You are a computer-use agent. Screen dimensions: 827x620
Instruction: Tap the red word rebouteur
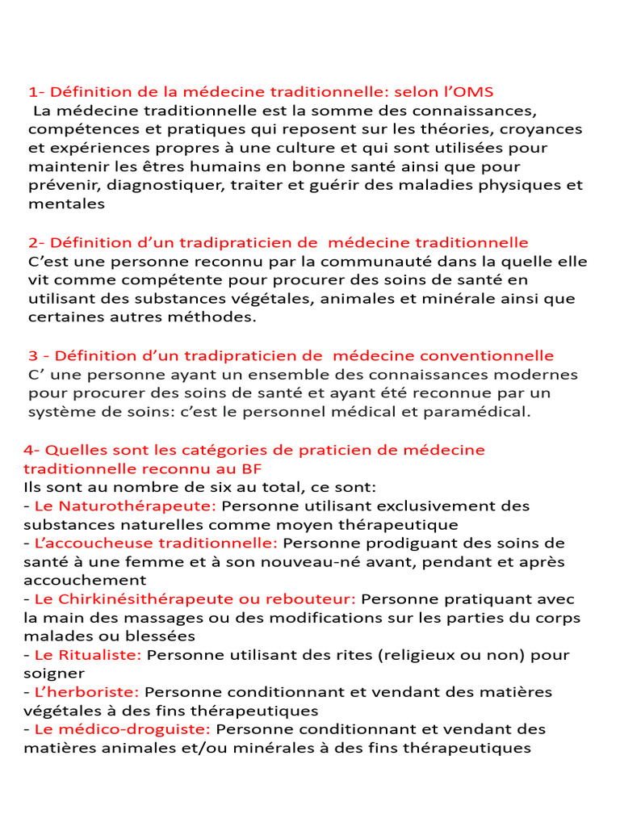(x=313, y=598)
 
